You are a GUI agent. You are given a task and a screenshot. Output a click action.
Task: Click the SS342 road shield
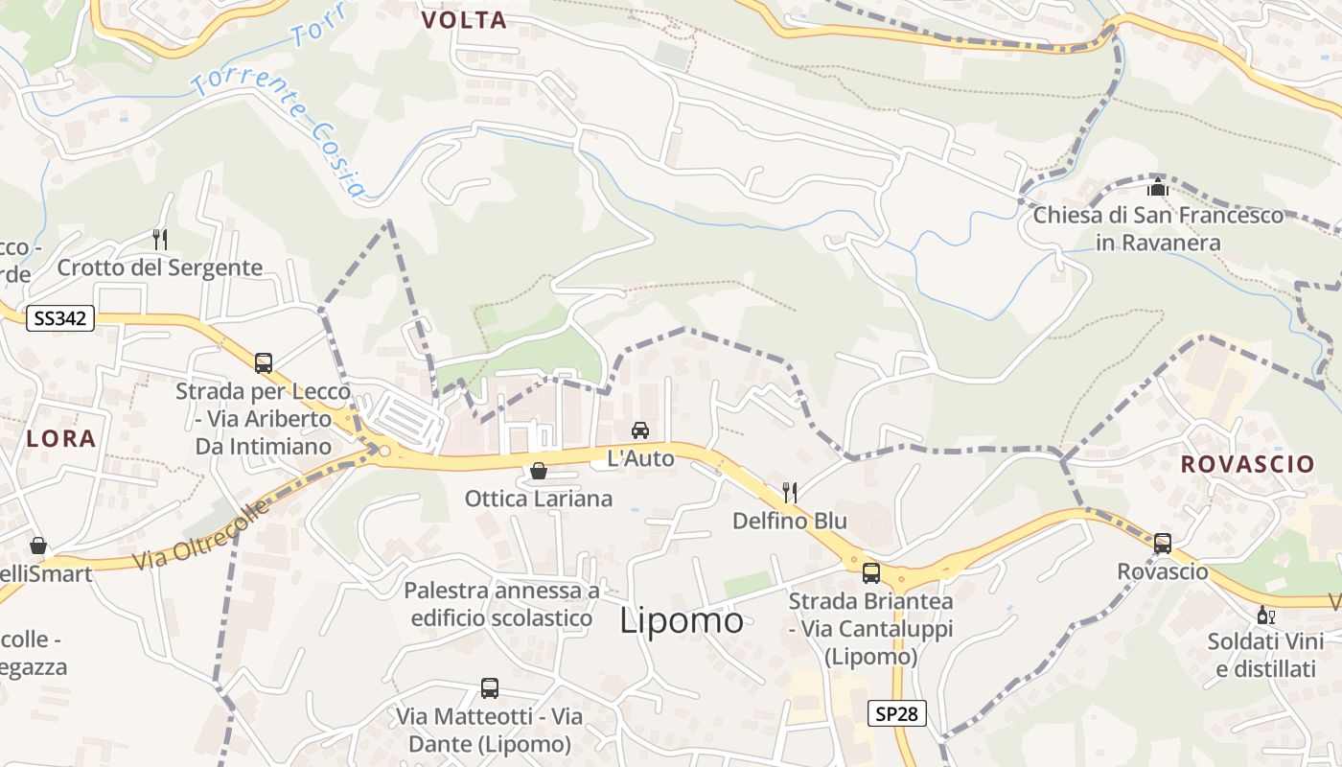coord(59,318)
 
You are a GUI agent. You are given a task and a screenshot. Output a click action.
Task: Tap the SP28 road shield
coord(898,713)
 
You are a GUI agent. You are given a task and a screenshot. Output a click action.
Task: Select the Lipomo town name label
coord(681,620)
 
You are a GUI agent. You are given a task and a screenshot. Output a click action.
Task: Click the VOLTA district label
coord(464,20)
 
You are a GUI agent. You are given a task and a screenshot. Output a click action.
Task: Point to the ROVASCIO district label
coord(1247,464)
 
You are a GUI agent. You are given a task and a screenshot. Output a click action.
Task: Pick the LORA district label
coord(61,438)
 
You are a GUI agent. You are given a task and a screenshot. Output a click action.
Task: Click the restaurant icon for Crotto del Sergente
coord(160,239)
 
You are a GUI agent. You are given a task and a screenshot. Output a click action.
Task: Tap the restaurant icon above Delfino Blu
coord(790,493)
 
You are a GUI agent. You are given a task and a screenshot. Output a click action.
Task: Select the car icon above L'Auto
coord(640,430)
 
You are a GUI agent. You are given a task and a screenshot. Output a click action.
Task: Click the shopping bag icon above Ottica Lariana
coord(539,471)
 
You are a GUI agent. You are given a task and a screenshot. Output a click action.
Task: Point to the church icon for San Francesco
coord(1158,187)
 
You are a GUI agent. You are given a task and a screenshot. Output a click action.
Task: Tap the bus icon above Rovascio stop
coord(1163,544)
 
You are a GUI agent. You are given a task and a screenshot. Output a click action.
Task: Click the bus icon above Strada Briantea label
coord(871,573)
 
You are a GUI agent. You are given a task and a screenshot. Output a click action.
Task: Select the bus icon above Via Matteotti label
coord(490,688)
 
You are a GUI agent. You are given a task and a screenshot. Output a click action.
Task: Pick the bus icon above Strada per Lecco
coord(264,363)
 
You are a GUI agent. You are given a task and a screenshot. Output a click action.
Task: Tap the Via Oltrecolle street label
coord(201,534)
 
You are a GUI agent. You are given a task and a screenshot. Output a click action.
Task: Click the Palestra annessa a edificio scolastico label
coord(501,604)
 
